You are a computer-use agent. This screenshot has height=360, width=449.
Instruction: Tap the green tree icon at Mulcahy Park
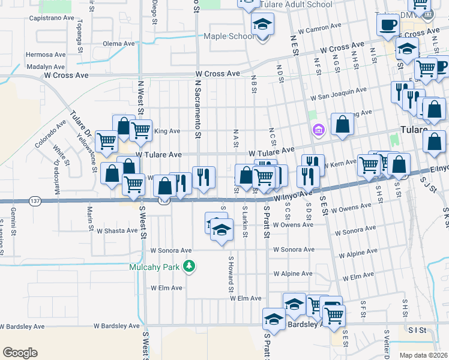(190, 266)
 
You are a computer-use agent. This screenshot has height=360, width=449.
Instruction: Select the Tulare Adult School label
(296, 5)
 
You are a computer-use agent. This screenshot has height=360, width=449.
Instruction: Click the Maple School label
(229, 37)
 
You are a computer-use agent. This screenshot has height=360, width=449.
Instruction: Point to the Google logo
(20, 353)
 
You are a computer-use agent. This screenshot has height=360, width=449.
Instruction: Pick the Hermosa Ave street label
(45, 54)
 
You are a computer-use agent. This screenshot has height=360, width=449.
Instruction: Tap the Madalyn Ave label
(46, 68)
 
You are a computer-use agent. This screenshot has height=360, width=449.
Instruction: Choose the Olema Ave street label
(119, 44)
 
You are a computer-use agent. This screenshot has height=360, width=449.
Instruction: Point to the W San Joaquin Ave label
(339, 94)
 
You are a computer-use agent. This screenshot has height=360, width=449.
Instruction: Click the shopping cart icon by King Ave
(140, 129)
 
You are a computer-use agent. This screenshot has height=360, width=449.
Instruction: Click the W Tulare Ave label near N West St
(158, 155)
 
